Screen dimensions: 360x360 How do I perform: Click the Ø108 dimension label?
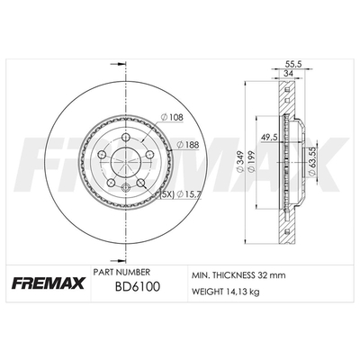[172, 117]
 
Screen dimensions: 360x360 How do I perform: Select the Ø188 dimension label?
[188, 145]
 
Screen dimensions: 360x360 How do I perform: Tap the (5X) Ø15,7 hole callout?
[181, 194]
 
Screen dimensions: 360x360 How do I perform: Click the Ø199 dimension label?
[251, 161]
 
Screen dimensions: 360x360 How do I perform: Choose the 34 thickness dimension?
[289, 73]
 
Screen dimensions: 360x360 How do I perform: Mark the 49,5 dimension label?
[269, 138]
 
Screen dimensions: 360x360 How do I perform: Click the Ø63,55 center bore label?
[311, 163]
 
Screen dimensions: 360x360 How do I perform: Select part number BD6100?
[138, 287]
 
